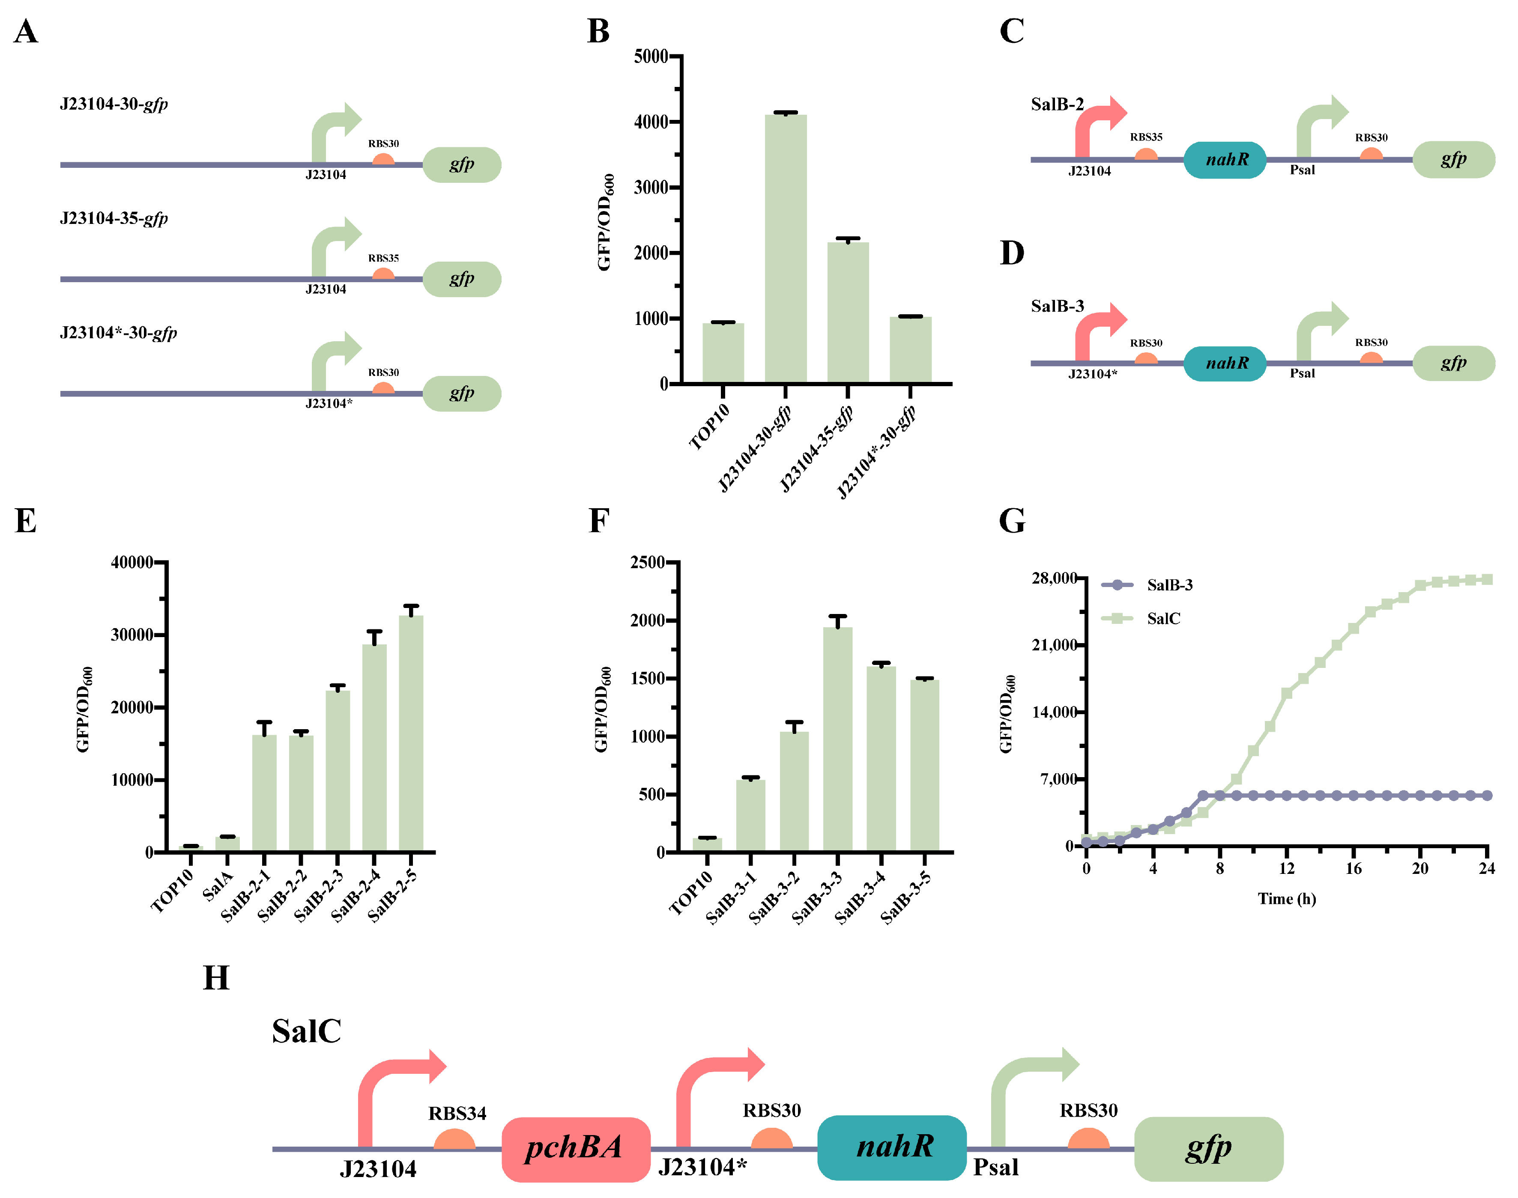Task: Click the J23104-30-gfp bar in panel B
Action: click(x=785, y=249)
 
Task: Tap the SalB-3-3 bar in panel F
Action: click(x=837, y=739)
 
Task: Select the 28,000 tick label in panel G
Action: click(x=1054, y=578)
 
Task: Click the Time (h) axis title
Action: click(x=1287, y=898)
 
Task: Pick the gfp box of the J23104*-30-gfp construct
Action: click(x=462, y=393)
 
